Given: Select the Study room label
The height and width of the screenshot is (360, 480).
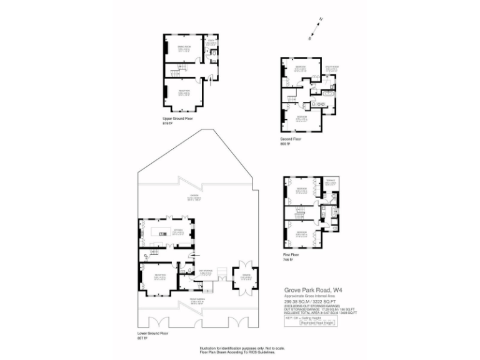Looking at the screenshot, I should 212,41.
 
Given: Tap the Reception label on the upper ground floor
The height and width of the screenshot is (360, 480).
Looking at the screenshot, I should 184,91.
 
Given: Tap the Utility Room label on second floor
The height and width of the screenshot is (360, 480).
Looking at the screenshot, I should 331,67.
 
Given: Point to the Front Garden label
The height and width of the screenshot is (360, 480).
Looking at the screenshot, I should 180,299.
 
